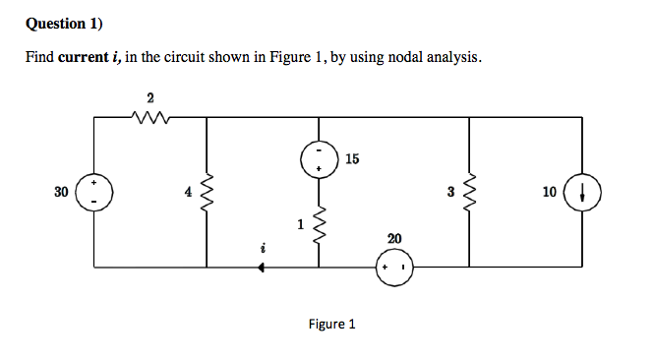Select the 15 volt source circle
[319, 161]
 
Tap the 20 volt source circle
[395, 267]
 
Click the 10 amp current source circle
[585, 193]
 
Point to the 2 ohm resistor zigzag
[150, 117]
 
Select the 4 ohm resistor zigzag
[207, 193]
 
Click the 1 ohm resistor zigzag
[319, 228]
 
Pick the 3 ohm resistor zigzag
[469, 193]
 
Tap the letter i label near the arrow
[264, 250]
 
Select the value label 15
[353, 158]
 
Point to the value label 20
[394, 239]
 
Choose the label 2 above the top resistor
[149, 96]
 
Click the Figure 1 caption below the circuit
[331, 324]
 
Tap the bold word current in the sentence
[89, 58]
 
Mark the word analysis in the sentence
[452, 58]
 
